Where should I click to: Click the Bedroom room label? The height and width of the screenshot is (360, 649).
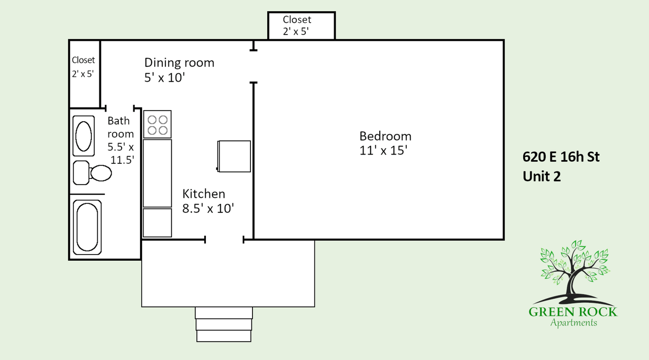pyautogui.click(x=385, y=136)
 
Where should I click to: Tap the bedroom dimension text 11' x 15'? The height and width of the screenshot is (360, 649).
pyautogui.click(x=383, y=151)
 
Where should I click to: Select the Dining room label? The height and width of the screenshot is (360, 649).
pyautogui.click(x=179, y=62)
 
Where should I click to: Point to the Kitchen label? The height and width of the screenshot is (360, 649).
pyautogui.click(x=204, y=194)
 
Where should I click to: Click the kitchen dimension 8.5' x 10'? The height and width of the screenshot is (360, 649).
pyautogui.click(x=208, y=208)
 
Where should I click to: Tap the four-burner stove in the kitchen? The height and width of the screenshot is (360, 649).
pyautogui.click(x=157, y=124)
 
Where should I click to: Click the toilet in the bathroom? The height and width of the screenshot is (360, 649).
pyautogui.click(x=92, y=173)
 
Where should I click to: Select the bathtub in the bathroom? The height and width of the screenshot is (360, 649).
pyautogui.click(x=87, y=227)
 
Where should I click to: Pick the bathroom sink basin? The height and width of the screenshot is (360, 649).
pyautogui.click(x=84, y=136)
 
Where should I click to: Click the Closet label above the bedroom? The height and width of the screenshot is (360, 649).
pyautogui.click(x=297, y=20)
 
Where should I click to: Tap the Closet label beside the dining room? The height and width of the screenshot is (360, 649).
pyautogui.click(x=83, y=60)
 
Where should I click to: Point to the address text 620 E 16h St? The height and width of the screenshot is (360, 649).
pyautogui.click(x=561, y=157)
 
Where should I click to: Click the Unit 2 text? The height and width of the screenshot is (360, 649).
pyautogui.click(x=542, y=176)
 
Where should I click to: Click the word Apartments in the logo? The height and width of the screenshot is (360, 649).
pyautogui.click(x=573, y=323)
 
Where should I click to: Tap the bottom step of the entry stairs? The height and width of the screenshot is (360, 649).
pyautogui.click(x=224, y=336)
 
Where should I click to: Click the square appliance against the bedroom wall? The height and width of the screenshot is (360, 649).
pyautogui.click(x=234, y=157)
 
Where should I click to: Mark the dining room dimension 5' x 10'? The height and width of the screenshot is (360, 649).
pyautogui.click(x=165, y=78)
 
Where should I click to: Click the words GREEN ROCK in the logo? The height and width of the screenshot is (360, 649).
pyautogui.click(x=573, y=312)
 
